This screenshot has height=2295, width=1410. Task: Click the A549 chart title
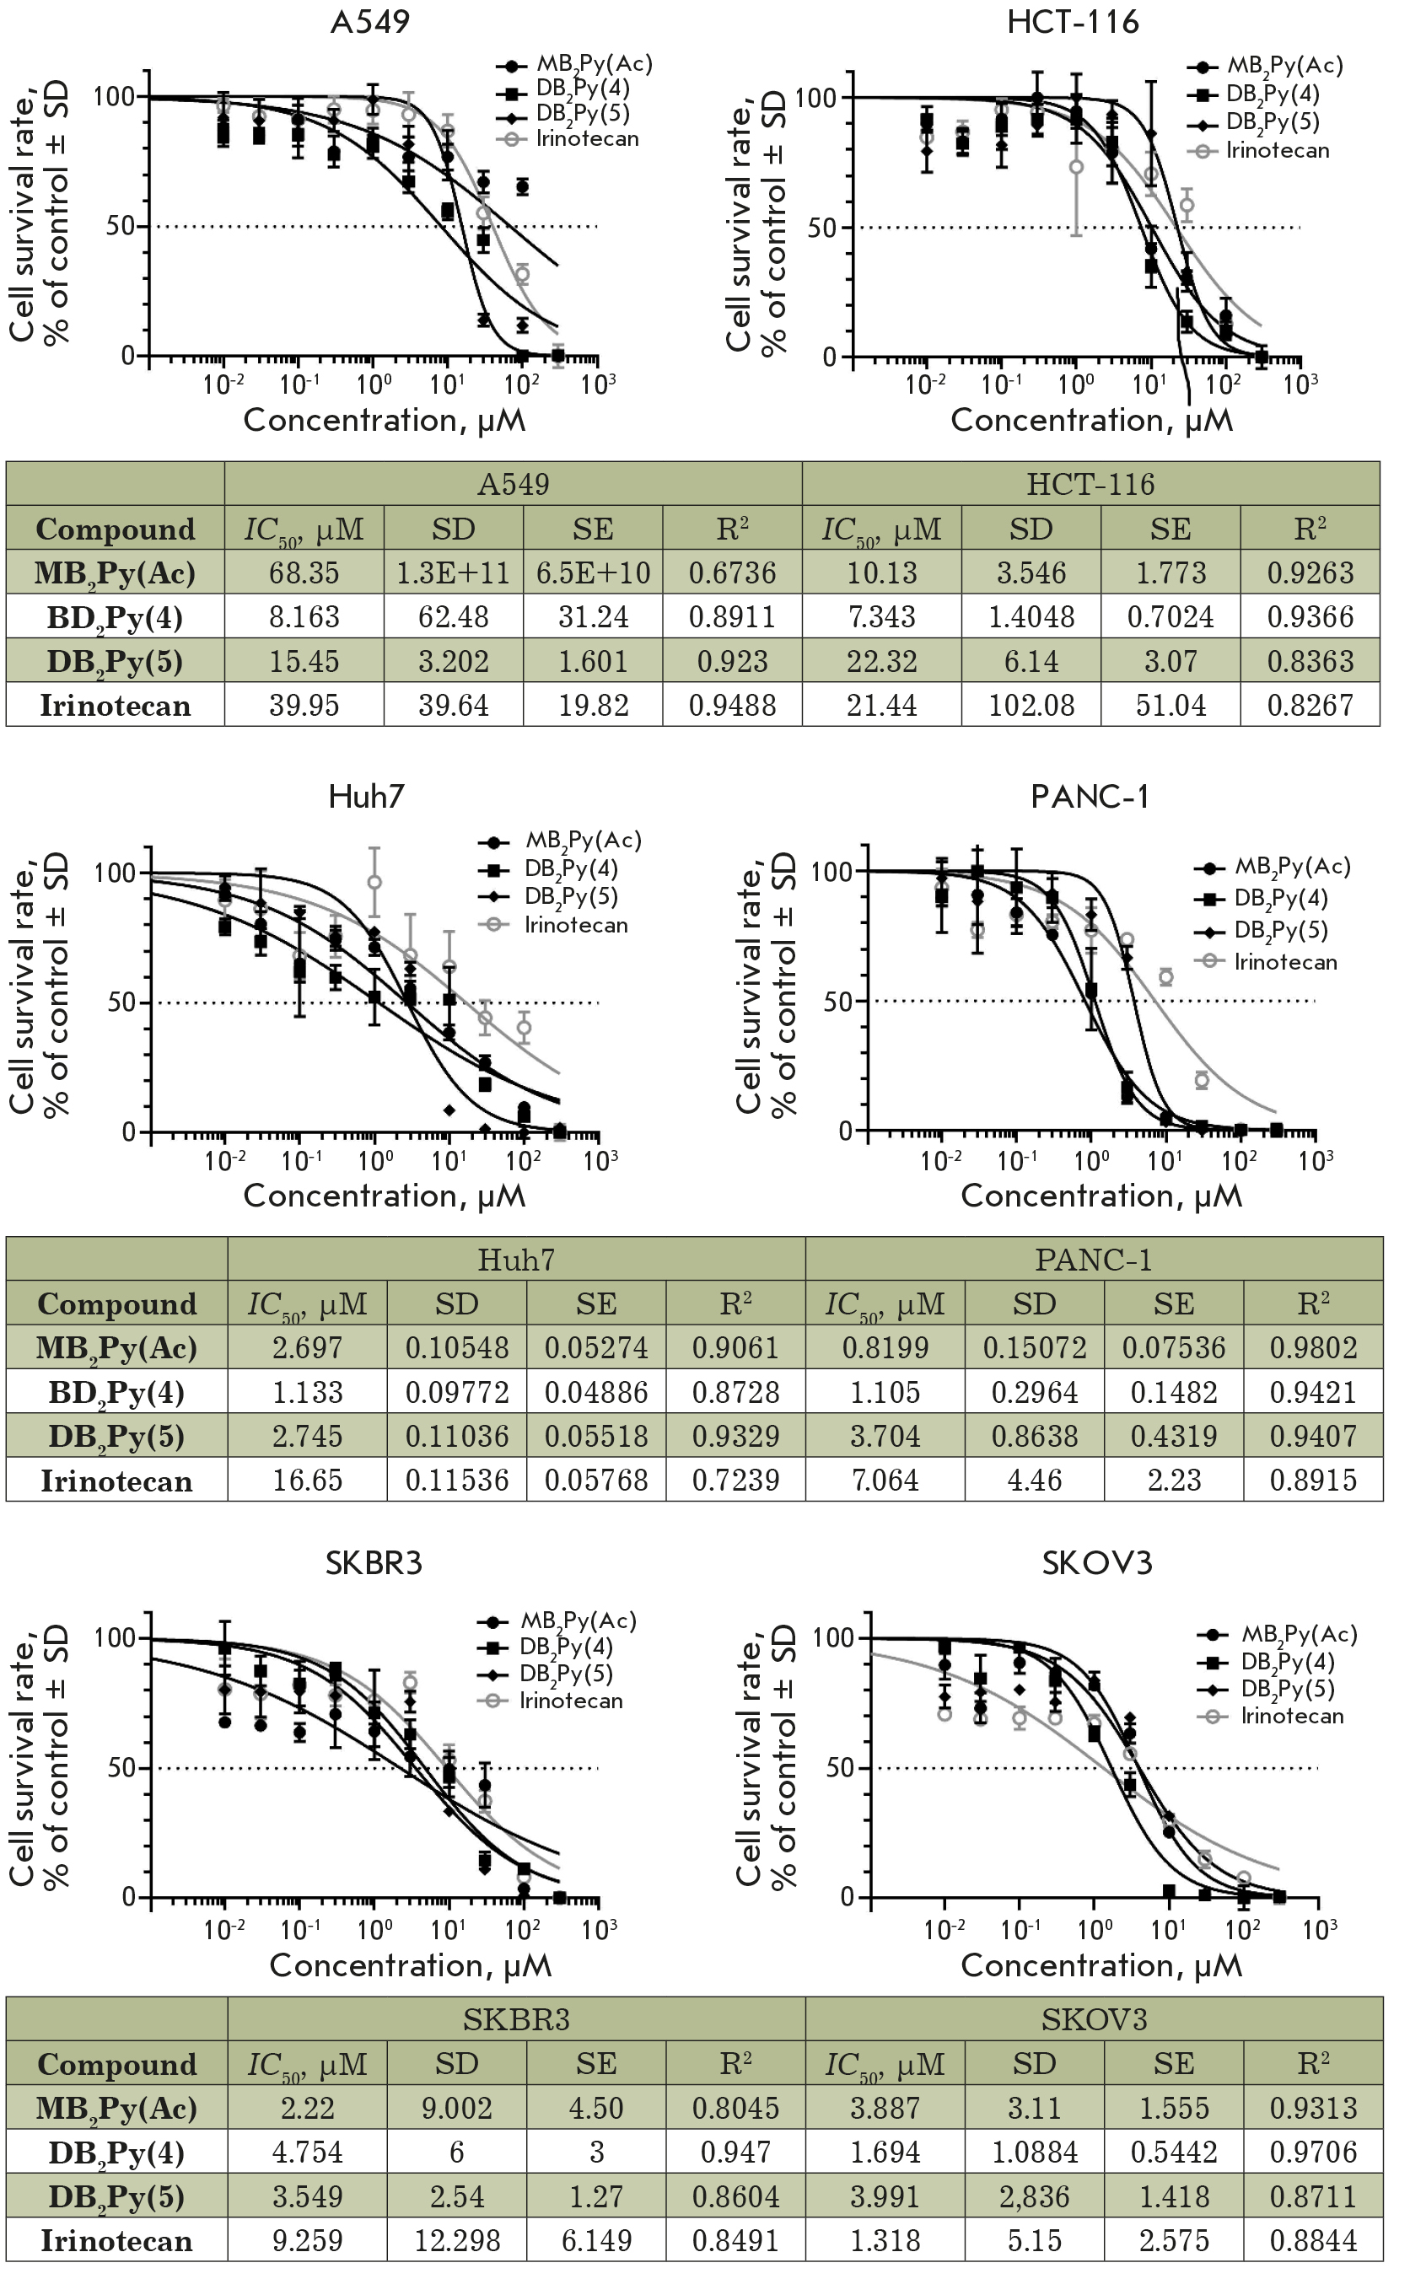pyautogui.click(x=370, y=21)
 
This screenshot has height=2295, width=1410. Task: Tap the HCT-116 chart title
pyautogui.click(x=1073, y=21)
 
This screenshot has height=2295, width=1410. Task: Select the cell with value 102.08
pyautogui.click(x=1031, y=706)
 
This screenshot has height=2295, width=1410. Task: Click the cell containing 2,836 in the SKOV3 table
pyautogui.click(x=1034, y=2197)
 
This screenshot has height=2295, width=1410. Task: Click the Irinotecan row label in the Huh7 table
pyautogui.click(x=116, y=1481)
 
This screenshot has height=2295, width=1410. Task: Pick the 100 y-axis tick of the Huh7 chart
pyautogui.click(x=116, y=873)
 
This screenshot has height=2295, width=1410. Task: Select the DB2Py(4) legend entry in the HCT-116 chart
pyautogui.click(x=1272, y=94)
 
